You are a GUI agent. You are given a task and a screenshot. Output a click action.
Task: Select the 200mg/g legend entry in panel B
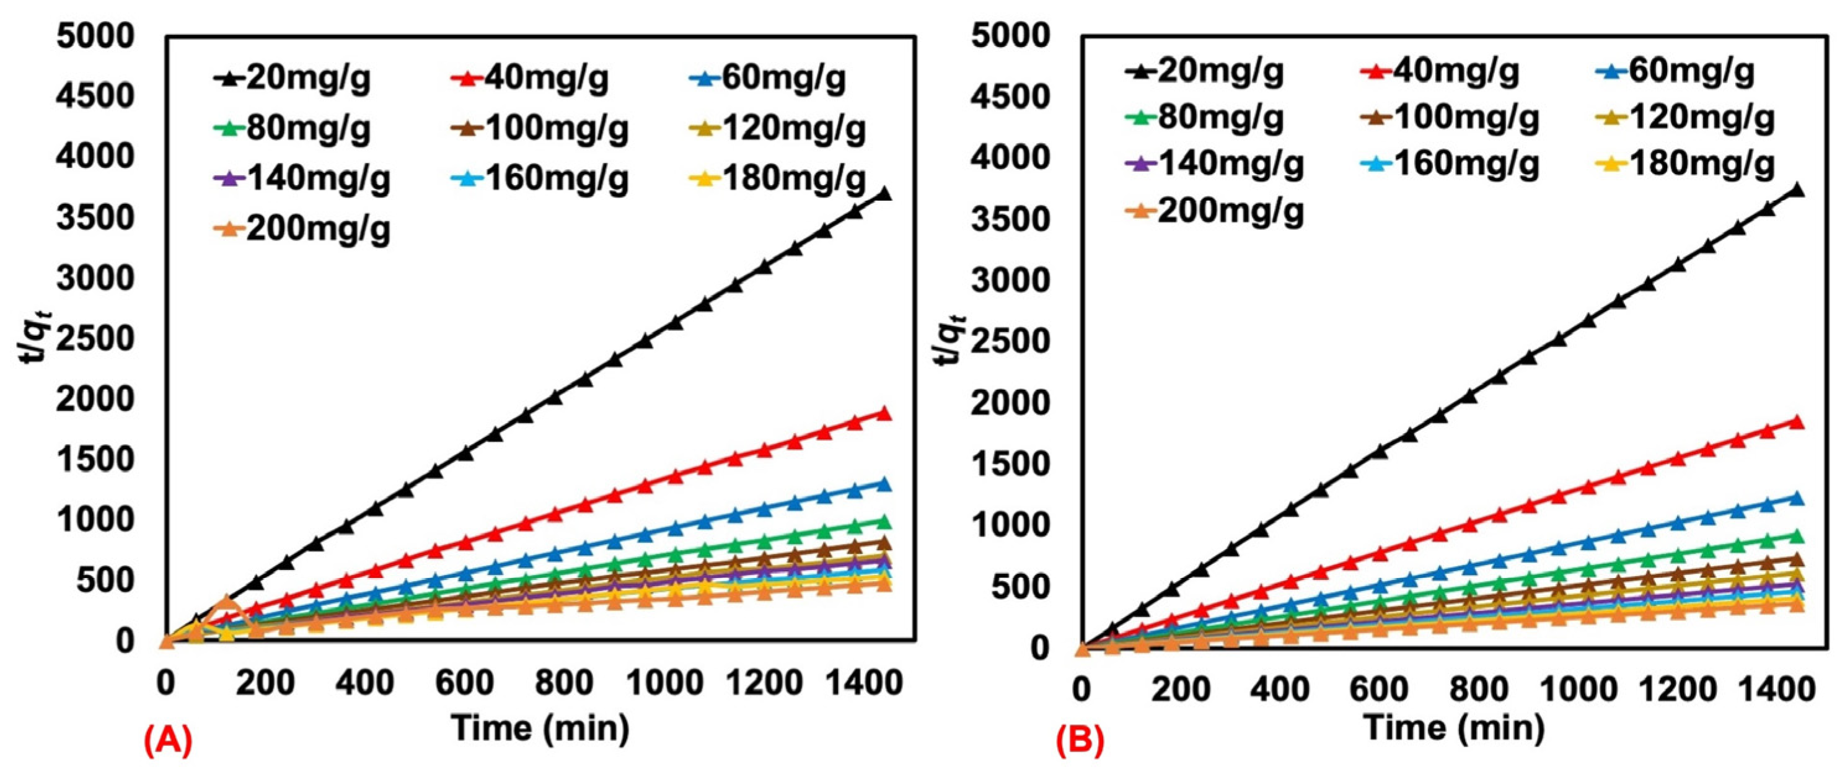click(1214, 211)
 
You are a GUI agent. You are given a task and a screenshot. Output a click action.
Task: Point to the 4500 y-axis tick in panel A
click(95, 96)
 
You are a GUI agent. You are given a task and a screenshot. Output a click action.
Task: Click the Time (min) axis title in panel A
click(541, 728)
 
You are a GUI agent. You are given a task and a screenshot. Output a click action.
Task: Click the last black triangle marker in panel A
click(884, 194)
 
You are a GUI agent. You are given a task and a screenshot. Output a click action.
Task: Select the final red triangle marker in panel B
click(1796, 422)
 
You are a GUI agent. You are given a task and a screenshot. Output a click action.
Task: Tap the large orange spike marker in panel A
click(226, 602)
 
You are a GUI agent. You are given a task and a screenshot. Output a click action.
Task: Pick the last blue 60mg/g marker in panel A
click(884, 484)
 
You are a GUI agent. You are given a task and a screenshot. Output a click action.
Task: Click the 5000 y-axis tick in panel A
click(95, 36)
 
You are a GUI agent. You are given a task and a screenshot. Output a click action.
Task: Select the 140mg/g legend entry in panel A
click(302, 179)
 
